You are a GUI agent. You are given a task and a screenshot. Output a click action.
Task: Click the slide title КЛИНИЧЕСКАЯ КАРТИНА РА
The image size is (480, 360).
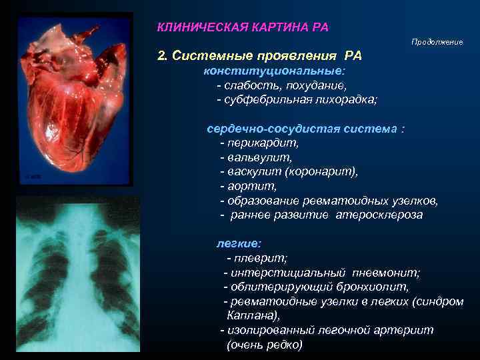pyautogui.click(x=243, y=27)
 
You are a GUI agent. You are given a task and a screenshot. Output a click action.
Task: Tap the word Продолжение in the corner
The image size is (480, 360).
pyautogui.click(x=437, y=42)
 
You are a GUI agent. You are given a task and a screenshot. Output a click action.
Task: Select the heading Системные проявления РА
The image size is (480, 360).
pyautogui.click(x=260, y=55)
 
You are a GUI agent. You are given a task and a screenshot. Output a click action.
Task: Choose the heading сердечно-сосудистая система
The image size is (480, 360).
pyautogui.click(x=305, y=128)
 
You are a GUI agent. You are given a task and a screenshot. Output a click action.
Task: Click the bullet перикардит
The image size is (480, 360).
pyautogui.click(x=262, y=143)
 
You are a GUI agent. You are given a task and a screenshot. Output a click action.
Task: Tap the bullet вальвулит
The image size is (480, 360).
pyautogui.click(x=259, y=157)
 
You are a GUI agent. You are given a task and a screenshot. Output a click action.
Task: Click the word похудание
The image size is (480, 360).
pyautogui.click(x=317, y=85)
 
